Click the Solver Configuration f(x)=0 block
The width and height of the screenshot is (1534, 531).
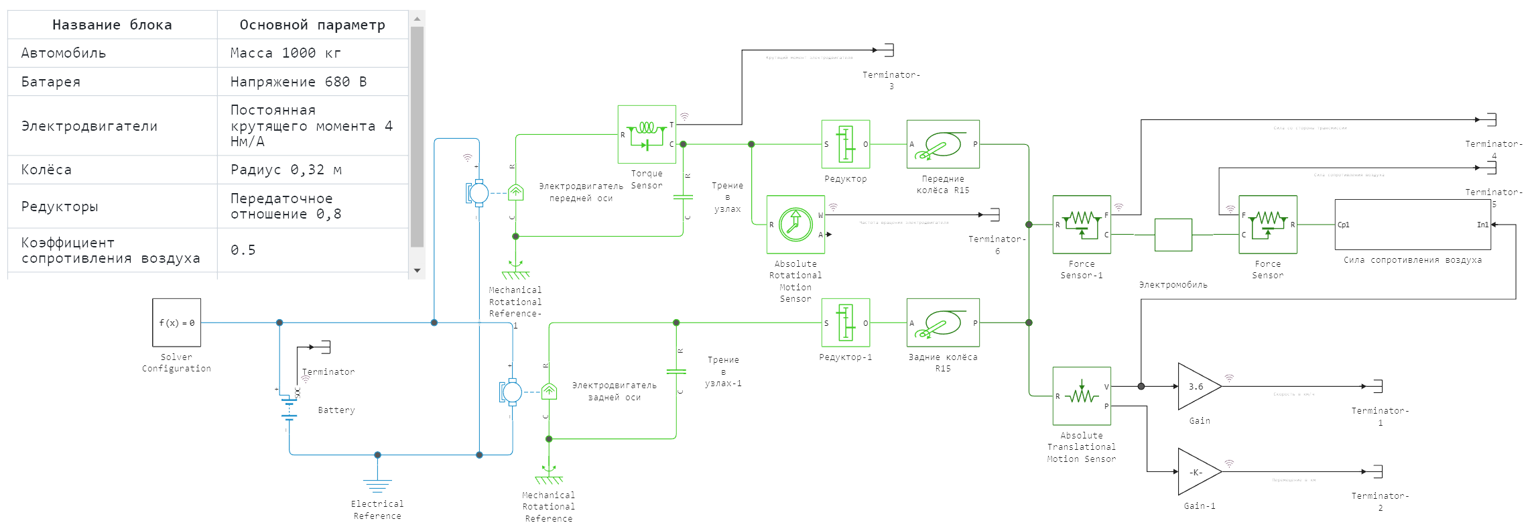176,322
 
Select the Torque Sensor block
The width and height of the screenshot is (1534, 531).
646,134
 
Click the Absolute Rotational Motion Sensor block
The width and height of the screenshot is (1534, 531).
795,225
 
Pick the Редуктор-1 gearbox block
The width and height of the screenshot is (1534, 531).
846,322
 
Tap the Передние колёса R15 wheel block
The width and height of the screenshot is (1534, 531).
943,144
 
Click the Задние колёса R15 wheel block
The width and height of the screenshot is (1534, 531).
943,322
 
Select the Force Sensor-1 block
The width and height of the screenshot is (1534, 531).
1081,225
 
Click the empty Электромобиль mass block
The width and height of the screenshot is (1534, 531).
1173,235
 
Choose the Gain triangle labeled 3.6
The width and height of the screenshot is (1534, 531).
1198,386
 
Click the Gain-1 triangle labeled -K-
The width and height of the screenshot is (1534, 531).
1198,472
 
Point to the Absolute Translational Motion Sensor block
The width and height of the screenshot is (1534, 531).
1081,396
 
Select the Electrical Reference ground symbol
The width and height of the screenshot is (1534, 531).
377,484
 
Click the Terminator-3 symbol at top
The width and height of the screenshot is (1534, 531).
888,50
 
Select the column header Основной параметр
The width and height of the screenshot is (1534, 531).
312,25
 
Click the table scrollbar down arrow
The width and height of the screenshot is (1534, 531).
417,271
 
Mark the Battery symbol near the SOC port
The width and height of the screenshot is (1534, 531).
290,408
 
